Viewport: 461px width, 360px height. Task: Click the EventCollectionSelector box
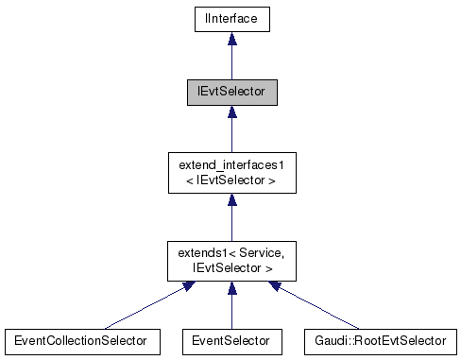click(x=80, y=338)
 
